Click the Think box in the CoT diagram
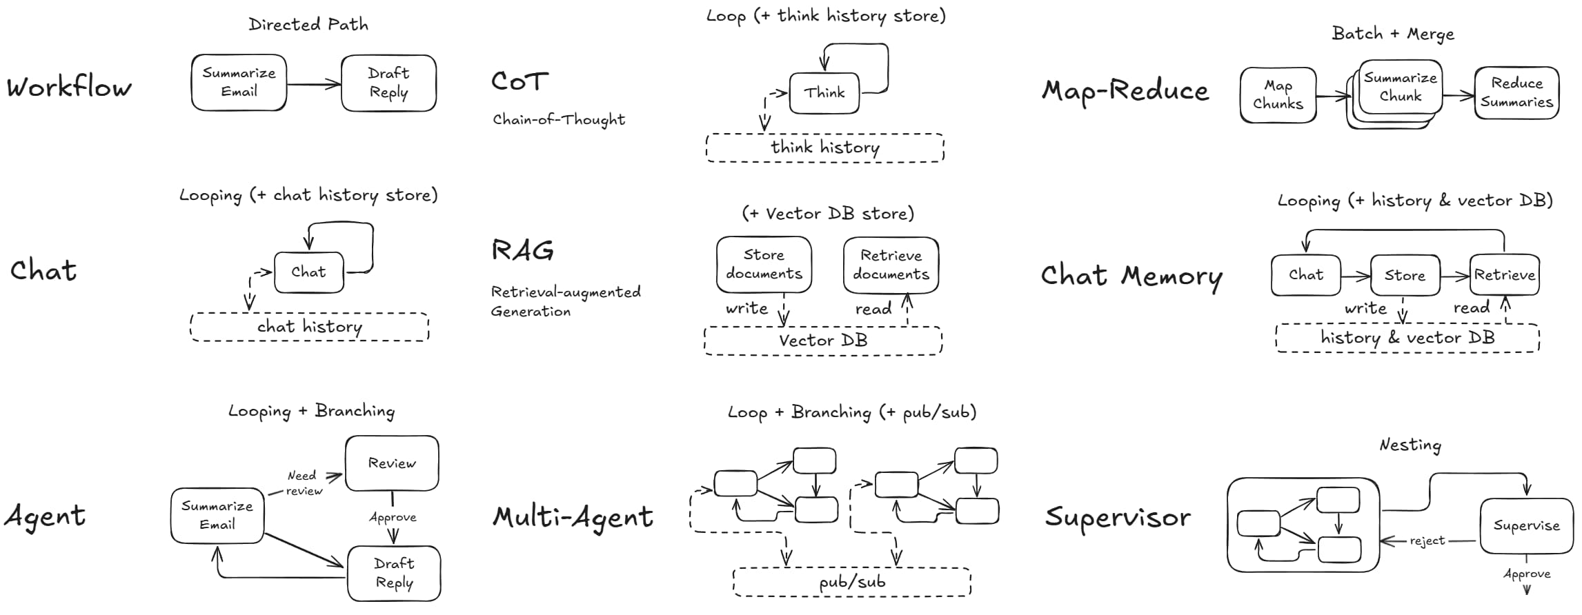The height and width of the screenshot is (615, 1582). point(824,93)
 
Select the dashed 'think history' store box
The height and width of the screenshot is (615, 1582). point(825,148)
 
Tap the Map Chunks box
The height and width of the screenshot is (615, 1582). point(1278,95)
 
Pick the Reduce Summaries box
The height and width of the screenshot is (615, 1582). point(1516,93)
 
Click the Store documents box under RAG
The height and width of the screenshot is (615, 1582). point(764,265)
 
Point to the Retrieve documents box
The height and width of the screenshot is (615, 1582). point(891,265)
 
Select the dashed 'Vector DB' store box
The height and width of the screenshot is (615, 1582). point(823,341)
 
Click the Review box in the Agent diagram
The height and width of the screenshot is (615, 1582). point(392,463)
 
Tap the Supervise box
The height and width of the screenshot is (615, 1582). point(1526,526)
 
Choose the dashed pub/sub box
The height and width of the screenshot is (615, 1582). point(852,582)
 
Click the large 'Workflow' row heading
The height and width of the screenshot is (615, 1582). point(69,88)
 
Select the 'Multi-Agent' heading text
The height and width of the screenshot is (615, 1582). point(573,517)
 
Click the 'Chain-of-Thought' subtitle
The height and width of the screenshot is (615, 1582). point(559,120)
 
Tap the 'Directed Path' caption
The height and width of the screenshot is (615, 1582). point(308,25)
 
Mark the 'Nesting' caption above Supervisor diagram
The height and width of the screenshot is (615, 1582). point(1410,445)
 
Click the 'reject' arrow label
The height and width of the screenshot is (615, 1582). point(1427,541)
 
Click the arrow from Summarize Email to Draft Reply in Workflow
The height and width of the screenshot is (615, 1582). point(314,85)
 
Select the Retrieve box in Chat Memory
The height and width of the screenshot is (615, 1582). point(1505,275)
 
